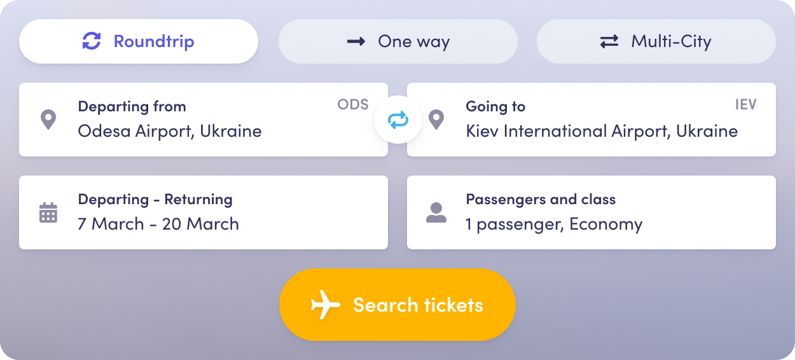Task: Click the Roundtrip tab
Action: [139, 41]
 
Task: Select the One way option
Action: [398, 41]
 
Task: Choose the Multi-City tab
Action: [656, 41]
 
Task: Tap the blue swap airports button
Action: [398, 120]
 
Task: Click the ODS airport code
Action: [353, 104]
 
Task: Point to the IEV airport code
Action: [745, 104]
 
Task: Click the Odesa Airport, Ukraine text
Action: [170, 131]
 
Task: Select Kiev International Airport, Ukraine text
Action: [602, 131]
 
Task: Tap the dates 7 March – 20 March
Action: [158, 224]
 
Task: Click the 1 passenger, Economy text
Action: [554, 225]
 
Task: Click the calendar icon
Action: [48, 212]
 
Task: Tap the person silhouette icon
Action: [436, 212]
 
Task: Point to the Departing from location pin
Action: [48, 120]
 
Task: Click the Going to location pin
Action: [436, 120]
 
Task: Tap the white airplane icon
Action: [325, 305]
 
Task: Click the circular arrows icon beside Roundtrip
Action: [92, 41]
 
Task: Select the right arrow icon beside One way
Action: [356, 41]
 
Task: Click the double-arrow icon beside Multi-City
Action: [609, 41]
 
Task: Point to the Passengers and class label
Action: [541, 199]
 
